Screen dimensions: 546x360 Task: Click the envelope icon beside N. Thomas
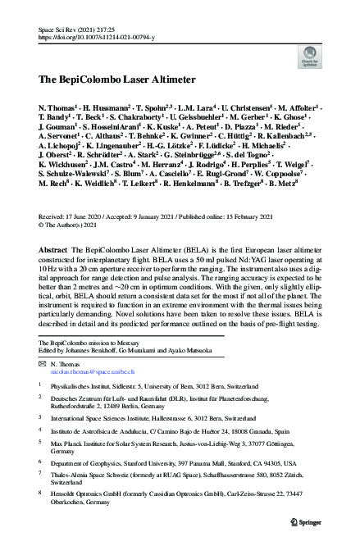click(44, 361)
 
